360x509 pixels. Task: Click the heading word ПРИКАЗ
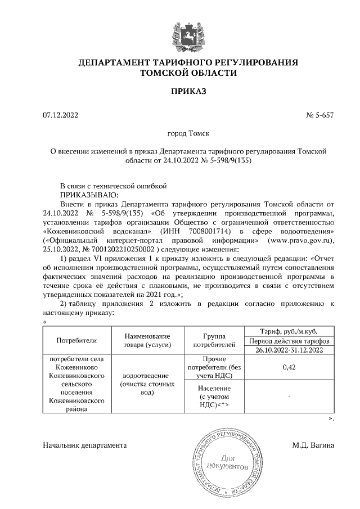[x=188, y=91]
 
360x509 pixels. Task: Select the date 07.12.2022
[x=61, y=115]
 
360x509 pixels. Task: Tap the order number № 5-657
[x=319, y=115]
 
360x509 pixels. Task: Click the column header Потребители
[x=77, y=340]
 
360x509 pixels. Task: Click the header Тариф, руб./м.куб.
[x=288, y=331]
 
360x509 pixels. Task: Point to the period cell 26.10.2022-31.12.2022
[x=288, y=350]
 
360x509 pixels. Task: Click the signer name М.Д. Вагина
[x=313, y=445]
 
